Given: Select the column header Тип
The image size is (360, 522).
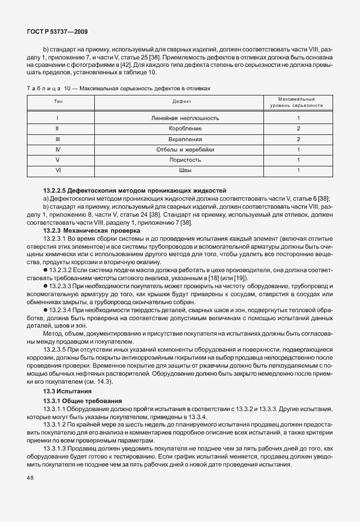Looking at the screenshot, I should point(58,101).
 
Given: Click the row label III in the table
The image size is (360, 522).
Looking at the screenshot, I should point(58,139).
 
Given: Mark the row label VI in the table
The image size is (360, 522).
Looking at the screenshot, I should point(58,170).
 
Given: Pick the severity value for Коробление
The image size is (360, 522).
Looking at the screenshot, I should point(298,129).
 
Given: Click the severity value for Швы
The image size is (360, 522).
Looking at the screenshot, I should point(298,170).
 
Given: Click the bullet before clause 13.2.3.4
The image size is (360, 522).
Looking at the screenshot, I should point(45,310).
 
